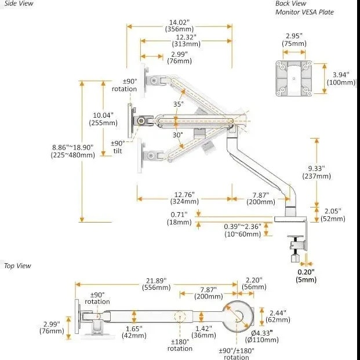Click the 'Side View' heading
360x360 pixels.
pyautogui.click(x=19, y=3)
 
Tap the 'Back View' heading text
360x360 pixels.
pyautogui.click(x=290, y=3)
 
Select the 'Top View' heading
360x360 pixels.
pyautogui.click(x=17, y=266)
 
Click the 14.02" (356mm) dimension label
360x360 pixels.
pyautogui.click(x=179, y=26)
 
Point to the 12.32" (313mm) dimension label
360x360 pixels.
pyautogui.click(x=186, y=41)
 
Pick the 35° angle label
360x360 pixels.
pyautogui.click(x=179, y=104)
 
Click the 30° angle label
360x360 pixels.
pyautogui.click(x=178, y=134)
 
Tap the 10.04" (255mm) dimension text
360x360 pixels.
pyautogui.click(x=103, y=119)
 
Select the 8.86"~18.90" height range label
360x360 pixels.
pyautogui.click(x=73, y=151)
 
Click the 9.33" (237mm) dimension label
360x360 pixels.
pyautogui.click(x=317, y=172)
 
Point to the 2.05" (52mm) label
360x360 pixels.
pyautogui.click(x=333, y=214)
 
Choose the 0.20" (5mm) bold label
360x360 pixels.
pyautogui.click(x=306, y=276)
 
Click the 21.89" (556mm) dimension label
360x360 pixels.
pyautogui.click(x=157, y=284)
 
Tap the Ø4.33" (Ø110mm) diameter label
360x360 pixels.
pyautogui.click(x=261, y=336)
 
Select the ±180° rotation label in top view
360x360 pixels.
pyautogui.click(x=180, y=345)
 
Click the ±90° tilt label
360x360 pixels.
pyautogui.click(x=118, y=147)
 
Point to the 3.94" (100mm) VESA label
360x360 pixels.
pyautogui.click(x=341, y=78)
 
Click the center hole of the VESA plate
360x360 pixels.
pyautogui.click(x=294, y=78)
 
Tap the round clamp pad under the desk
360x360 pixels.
pyautogui.click(x=295, y=237)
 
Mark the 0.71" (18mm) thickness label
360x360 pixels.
pyautogui.click(x=179, y=219)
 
